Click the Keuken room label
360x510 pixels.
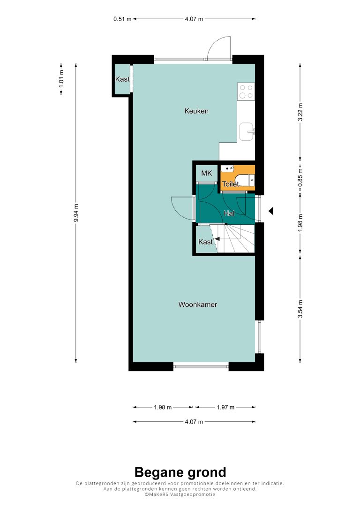coord(196,111)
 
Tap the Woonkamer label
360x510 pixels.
coord(197,304)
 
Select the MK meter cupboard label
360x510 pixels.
coord(207,173)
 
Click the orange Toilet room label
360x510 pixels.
coord(230,184)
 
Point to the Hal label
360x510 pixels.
coord(229,213)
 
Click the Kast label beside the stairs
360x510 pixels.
coord(205,242)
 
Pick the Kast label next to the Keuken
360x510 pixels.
coord(122,79)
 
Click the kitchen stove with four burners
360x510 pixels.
coord(246,91)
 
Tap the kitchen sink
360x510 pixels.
coord(247,132)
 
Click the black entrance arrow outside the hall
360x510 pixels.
coord(270,211)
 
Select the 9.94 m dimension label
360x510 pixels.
coord(76,213)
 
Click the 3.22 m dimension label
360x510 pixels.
coord(300,112)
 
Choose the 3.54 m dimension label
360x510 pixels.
coord(300,309)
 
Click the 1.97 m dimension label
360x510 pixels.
coord(225,407)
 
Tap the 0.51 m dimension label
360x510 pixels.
coord(122,19)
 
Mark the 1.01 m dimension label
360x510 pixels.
coord(61,79)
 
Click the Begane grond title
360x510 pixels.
coord(180,472)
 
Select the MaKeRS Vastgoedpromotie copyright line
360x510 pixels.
coord(180,495)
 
